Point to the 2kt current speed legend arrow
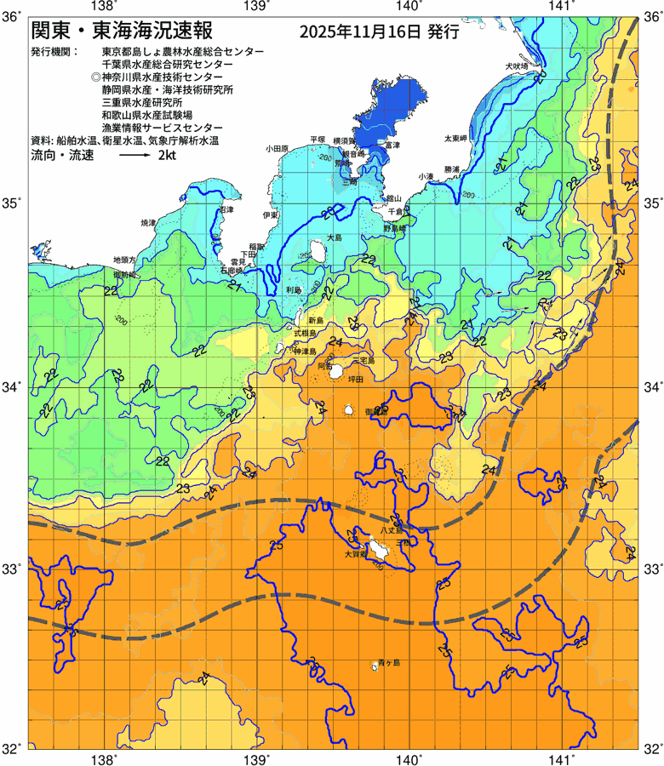(134, 157)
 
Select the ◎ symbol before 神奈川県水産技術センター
(95, 77)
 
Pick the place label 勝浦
(452, 169)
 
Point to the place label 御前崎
(124, 275)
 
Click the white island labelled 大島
(318, 252)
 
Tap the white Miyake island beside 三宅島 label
(337, 372)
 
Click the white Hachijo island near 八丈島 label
(378, 549)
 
